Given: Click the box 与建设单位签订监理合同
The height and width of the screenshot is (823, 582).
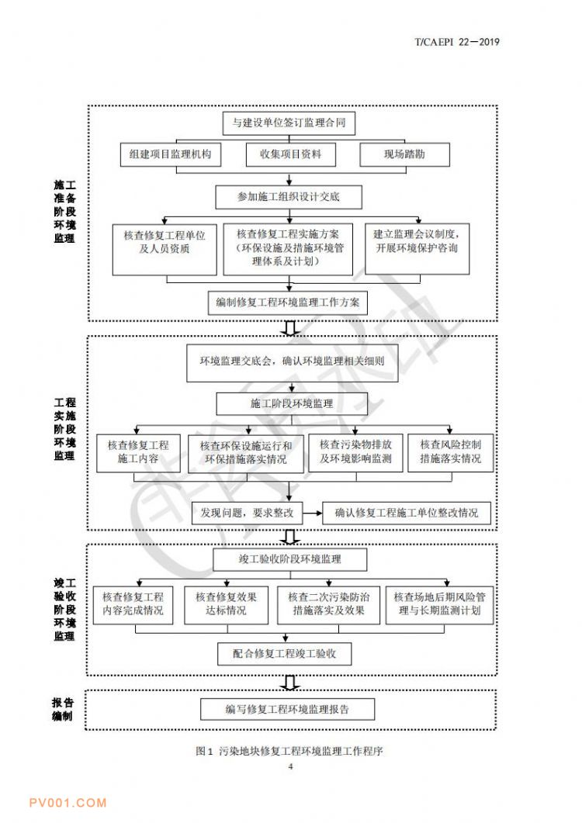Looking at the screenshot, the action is click(x=289, y=123).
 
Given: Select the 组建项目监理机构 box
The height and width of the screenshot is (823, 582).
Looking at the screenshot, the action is click(x=170, y=154).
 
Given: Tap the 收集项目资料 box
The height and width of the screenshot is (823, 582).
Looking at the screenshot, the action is click(x=290, y=154).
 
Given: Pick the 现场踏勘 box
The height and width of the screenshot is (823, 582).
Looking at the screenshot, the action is click(x=404, y=154).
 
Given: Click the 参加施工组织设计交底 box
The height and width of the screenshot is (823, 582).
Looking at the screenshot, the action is click(x=289, y=197).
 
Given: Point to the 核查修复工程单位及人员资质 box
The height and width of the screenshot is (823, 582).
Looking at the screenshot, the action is click(x=165, y=249).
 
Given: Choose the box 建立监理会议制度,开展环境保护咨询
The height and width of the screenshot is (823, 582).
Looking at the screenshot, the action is click(x=417, y=249).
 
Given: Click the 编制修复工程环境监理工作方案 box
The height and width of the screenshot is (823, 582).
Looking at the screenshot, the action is click(x=288, y=303).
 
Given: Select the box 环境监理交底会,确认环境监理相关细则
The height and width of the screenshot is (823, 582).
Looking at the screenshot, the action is click(x=292, y=363).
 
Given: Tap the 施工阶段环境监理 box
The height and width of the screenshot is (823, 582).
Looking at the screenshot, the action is click(x=292, y=404).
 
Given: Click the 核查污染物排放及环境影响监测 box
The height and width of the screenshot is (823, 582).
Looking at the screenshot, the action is click(x=355, y=452).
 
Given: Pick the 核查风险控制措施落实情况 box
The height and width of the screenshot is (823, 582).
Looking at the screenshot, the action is click(x=451, y=452).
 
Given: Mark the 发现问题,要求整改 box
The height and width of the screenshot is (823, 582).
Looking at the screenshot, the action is click(x=247, y=513).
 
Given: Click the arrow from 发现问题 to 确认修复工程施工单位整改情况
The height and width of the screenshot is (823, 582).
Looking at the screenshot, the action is click(x=313, y=513).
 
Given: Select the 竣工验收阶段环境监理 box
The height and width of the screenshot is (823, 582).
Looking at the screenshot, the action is click(x=290, y=559).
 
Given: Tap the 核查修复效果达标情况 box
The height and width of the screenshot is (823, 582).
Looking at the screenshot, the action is click(x=226, y=605).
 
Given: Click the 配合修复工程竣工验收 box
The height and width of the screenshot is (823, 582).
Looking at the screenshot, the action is click(x=285, y=654).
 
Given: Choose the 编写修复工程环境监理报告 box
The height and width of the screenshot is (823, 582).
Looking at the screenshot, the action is click(x=287, y=710).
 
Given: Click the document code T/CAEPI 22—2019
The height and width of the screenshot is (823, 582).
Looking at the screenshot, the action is click(x=457, y=42).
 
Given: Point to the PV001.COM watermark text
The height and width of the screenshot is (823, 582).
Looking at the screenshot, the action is click(x=68, y=803).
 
